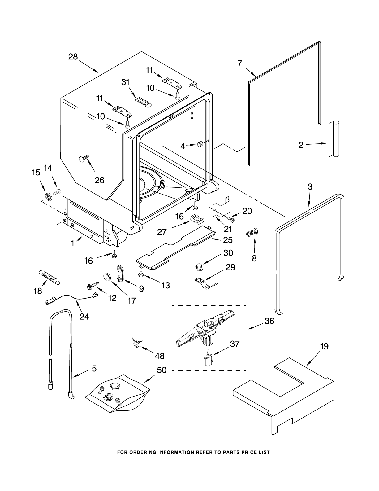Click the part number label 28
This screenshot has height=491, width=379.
coord(73,57)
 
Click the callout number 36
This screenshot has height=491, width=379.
coord(269,321)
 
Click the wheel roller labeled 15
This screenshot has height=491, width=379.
coord(48,196)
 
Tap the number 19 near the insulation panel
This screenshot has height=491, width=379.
coord(324,346)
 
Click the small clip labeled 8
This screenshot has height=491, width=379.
coord(253,232)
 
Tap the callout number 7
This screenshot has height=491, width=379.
coord(240,63)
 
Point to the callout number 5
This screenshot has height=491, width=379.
coord(94,368)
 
